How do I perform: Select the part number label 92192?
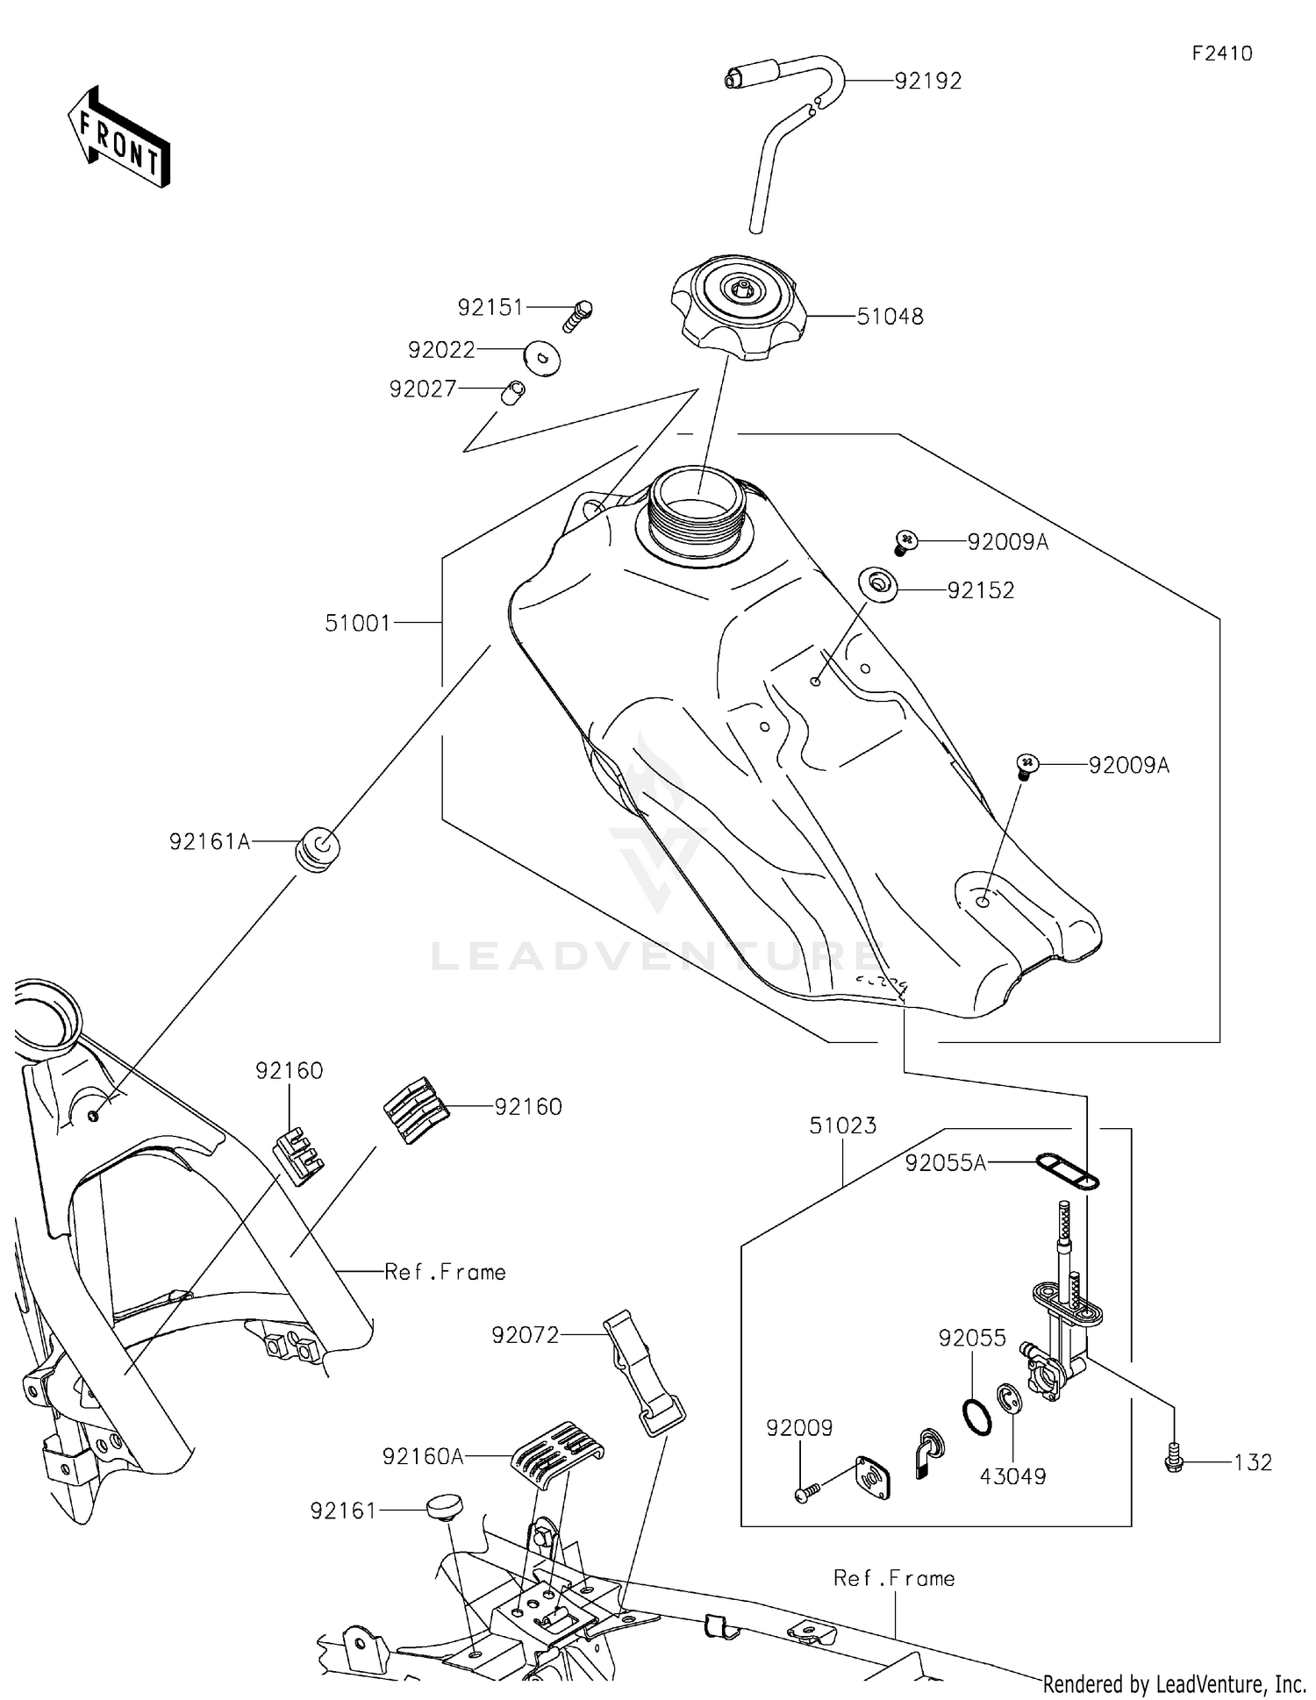[928, 81]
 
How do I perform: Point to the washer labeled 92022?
[543, 359]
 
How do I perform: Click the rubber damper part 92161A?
[317, 850]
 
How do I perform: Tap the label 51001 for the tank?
[357, 624]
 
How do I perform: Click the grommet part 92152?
[877, 583]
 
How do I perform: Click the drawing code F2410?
[1221, 54]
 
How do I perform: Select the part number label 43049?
[1012, 1477]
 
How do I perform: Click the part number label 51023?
[842, 1126]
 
